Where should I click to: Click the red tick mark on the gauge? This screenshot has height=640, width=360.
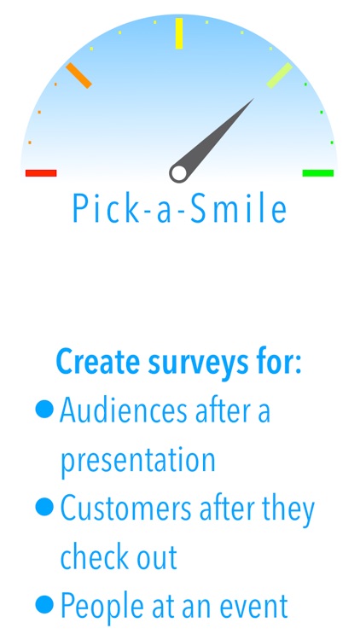(x=41, y=173)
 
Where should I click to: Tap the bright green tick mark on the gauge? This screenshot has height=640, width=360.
(x=318, y=173)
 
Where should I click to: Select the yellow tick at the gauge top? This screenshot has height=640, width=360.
(x=179, y=33)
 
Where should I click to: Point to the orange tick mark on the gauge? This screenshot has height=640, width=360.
(x=78, y=75)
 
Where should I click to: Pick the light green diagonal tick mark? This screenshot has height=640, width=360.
(x=280, y=75)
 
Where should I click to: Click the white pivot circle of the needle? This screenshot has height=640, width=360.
(x=178, y=173)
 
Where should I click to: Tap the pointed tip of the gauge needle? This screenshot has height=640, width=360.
(x=253, y=100)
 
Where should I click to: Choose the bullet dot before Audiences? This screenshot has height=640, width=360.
(x=44, y=410)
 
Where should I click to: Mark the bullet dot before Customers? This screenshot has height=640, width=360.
(x=44, y=509)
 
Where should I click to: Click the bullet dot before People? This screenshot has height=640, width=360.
(x=44, y=606)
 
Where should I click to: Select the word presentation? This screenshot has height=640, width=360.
(x=137, y=461)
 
